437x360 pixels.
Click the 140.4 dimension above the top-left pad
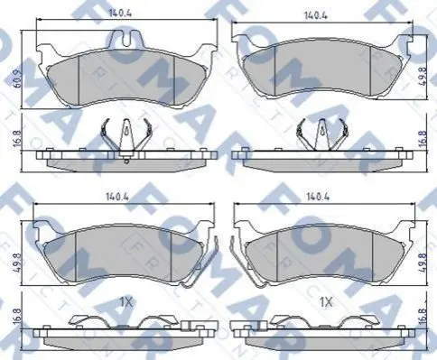(120, 14)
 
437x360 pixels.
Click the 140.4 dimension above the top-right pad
(316, 15)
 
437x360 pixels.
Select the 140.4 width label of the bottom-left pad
(117, 197)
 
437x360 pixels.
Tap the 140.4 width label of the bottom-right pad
(318, 197)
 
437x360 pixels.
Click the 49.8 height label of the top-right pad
(423, 78)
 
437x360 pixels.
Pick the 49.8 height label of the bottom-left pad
(18, 263)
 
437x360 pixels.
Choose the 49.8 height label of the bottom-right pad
(424, 263)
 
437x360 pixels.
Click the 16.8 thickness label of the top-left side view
(18, 138)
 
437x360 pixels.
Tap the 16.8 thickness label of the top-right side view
(423, 137)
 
